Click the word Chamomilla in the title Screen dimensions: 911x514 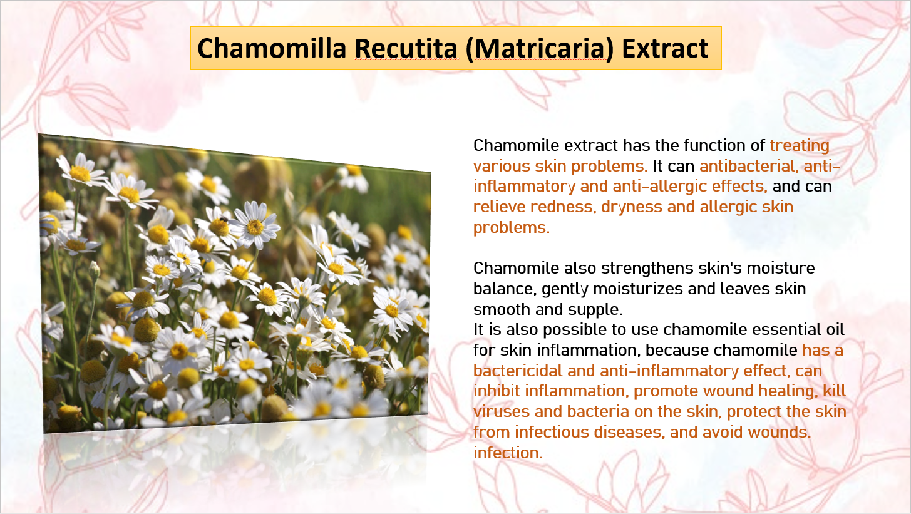(272, 48)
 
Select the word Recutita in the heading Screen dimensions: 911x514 (406, 48)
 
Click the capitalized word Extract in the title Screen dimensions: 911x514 (666, 48)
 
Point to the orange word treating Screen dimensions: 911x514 (800, 146)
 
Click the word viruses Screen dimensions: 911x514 (502, 411)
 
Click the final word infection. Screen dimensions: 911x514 (508, 453)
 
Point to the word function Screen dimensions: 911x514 (715, 145)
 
